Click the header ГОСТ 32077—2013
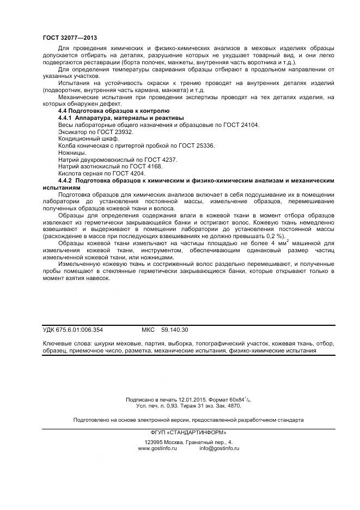[x=70, y=38]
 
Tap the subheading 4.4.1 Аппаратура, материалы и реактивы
[x=121, y=118]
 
